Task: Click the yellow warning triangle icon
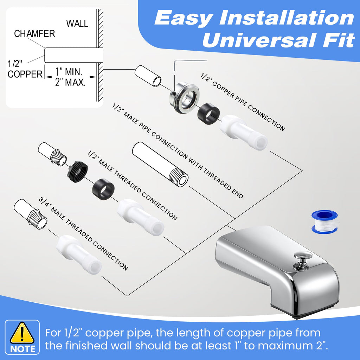click(x=22, y=333)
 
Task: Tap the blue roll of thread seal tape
click(x=324, y=222)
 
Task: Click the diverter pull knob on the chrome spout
click(x=303, y=259)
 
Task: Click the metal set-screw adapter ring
click(x=184, y=98)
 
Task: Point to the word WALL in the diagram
click(x=77, y=24)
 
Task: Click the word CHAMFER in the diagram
click(x=34, y=33)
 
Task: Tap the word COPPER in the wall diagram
click(x=25, y=74)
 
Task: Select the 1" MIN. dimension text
click(x=69, y=72)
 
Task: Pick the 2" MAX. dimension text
click(x=70, y=82)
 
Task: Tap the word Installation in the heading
click(x=287, y=18)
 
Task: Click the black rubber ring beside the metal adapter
click(x=208, y=114)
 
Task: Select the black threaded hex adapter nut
click(x=77, y=172)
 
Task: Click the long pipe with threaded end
click(x=160, y=165)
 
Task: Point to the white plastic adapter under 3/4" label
click(x=79, y=255)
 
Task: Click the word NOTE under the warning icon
click(x=22, y=349)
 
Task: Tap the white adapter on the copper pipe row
click(x=244, y=133)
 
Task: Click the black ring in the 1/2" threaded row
click(x=103, y=189)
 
